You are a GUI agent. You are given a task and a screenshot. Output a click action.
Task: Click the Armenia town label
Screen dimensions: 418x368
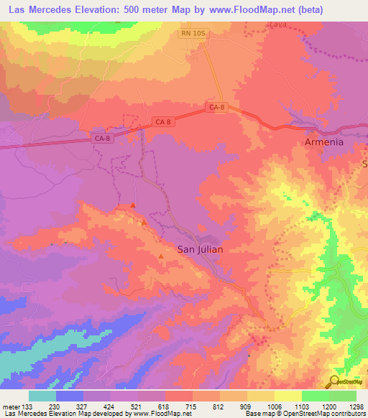tap(321, 142)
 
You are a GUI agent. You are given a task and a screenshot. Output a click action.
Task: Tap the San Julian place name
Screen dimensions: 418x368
tap(200, 249)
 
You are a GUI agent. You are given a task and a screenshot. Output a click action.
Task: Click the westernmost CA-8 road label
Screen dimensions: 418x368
tap(103, 138)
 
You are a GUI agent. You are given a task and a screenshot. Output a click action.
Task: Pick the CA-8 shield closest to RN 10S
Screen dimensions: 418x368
tap(218, 107)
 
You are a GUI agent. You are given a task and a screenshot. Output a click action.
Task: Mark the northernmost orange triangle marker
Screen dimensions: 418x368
tap(133, 206)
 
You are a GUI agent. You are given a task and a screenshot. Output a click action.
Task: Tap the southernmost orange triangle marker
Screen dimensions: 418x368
tap(160, 256)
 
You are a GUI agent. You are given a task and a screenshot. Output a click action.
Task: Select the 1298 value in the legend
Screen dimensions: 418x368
tap(355, 407)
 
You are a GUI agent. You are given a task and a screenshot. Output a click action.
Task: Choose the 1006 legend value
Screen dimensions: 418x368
tap(274, 407)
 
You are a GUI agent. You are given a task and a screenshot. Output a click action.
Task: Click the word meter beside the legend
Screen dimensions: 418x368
tap(12, 407)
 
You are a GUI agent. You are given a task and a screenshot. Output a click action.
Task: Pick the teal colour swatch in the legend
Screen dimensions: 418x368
tap(42, 396)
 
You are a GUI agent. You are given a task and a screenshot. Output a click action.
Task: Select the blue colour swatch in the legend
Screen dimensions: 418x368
tap(70, 396)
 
